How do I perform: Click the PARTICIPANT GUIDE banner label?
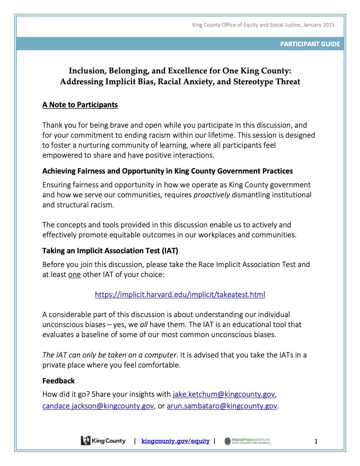310,44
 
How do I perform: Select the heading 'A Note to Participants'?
80,105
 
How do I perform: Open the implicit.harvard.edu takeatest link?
180,295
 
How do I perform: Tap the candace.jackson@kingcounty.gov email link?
98,406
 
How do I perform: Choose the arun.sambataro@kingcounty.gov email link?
222,406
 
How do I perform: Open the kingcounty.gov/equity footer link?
175,441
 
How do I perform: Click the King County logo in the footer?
103,441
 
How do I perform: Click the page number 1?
316,441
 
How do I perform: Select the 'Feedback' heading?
58,380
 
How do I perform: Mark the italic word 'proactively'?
211,195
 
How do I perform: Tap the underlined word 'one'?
74,275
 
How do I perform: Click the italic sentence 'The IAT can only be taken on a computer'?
109,355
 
